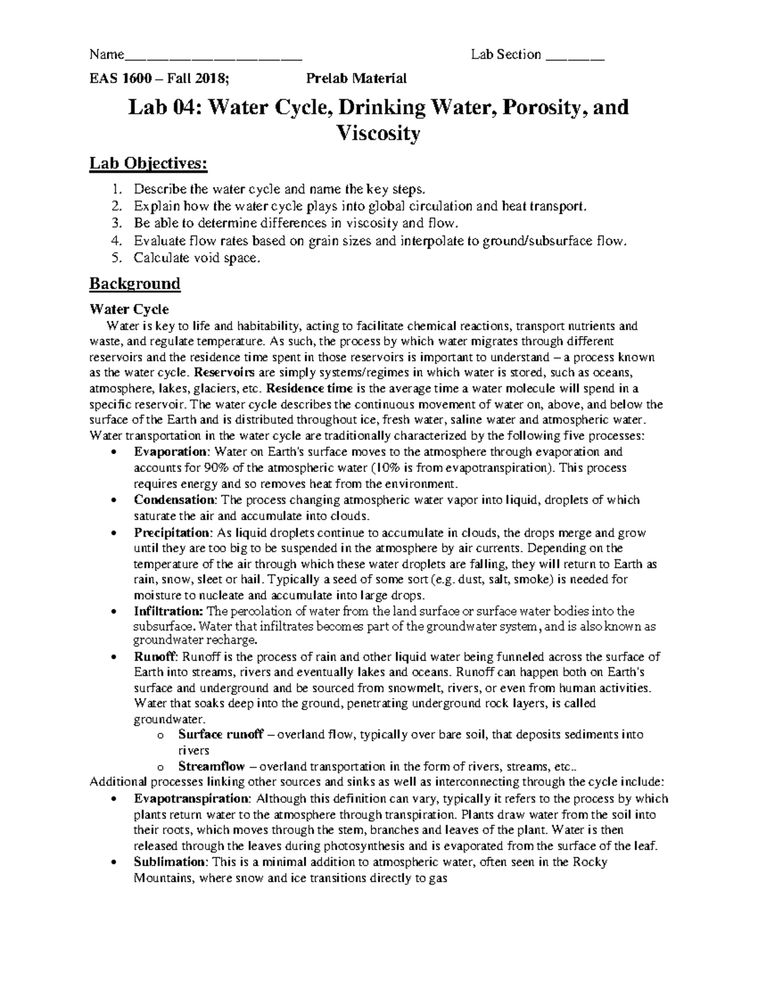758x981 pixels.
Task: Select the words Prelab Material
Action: (x=356, y=79)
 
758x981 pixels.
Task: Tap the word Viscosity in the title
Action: (x=378, y=133)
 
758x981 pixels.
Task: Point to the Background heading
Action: (x=135, y=284)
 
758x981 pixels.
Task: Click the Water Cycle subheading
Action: (x=129, y=310)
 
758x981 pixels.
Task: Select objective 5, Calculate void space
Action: (x=196, y=258)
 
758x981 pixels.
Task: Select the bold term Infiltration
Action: (x=169, y=611)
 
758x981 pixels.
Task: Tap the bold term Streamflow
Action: (x=212, y=767)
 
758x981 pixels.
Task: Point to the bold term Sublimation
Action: (x=170, y=862)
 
